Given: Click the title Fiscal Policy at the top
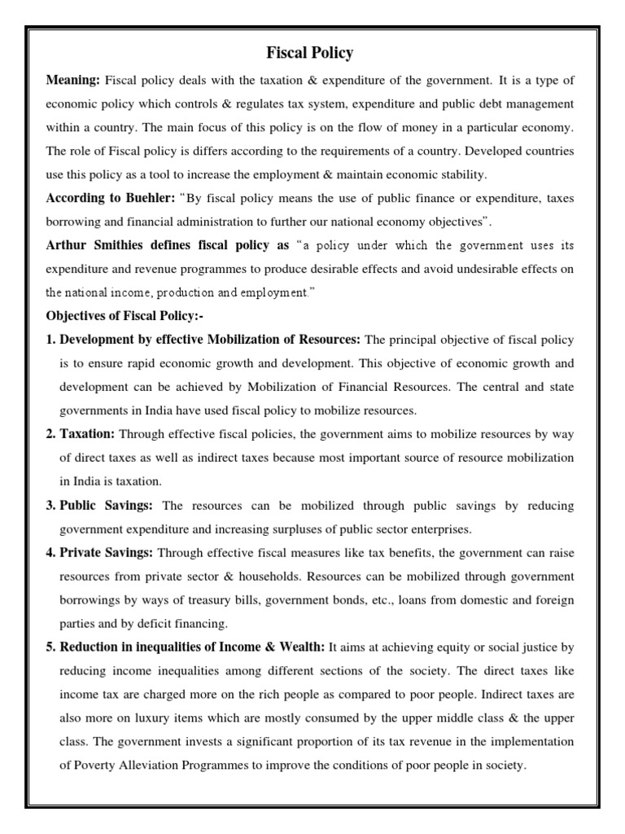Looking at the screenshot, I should coord(310,54).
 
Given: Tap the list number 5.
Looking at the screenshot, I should coord(50,647).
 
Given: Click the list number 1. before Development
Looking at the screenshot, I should coord(50,339).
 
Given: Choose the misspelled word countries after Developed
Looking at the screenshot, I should coord(545,151).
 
